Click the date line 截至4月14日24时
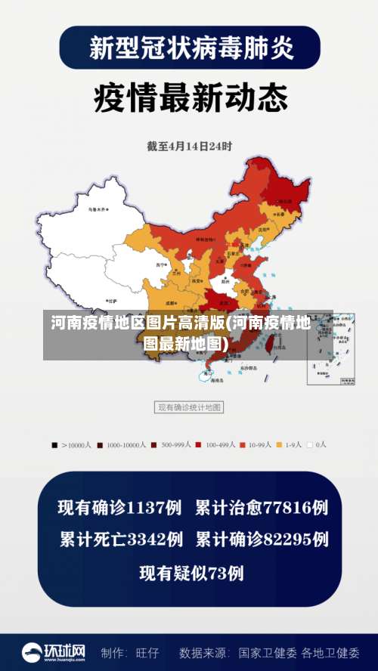[189, 146]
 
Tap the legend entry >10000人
[72, 445]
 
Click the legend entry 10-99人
[259, 445]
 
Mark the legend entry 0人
[318, 445]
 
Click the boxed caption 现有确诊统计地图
[189, 407]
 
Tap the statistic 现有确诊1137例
[120, 507]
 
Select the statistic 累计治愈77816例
[262, 507]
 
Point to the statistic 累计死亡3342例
[121, 540]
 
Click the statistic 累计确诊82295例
[262, 540]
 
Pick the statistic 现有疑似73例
[191, 574]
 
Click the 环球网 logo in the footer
[53, 651]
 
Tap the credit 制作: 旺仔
[130, 652]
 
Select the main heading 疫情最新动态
[191, 97]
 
